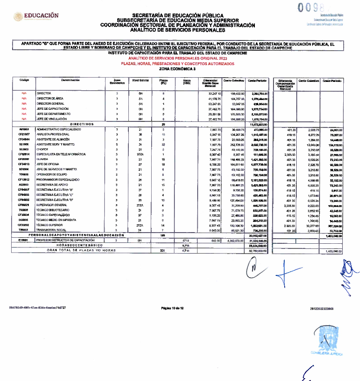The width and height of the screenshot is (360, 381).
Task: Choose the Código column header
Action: pos(24,80)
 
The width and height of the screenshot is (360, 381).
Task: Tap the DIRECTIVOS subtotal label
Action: pos(82,124)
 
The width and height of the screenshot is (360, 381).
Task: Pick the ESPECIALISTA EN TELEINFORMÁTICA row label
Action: pos(61,154)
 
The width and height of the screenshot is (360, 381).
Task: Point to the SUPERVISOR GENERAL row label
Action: pos(51,204)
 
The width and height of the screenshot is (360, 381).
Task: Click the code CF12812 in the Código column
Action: pos(24,180)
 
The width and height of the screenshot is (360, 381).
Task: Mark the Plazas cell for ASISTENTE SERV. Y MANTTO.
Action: pos(163,145)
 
